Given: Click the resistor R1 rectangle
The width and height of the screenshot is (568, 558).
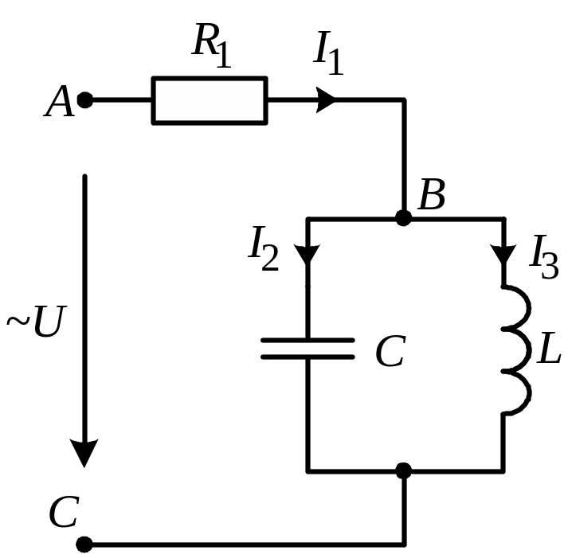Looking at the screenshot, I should click(x=210, y=101).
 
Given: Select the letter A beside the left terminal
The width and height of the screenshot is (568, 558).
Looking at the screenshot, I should click(x=60, y=102).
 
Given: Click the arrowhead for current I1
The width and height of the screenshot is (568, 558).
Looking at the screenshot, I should click(x=327, y=101).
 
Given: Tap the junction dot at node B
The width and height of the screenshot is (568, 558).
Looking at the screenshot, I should click(x=404, y=217).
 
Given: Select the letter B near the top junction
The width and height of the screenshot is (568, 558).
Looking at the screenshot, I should click(x=431, y=194).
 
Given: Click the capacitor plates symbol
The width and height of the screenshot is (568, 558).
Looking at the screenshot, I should click(x=308, y=348).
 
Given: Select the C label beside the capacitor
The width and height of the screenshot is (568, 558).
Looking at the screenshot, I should click(x=390, y=352).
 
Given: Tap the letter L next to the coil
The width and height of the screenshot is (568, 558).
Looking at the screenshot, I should click(x=549, y=351).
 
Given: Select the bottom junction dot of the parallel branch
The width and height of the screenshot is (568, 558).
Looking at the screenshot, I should click(x=404, y=470).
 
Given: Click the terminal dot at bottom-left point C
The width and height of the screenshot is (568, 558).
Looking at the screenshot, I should click(x=84, y=544).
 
